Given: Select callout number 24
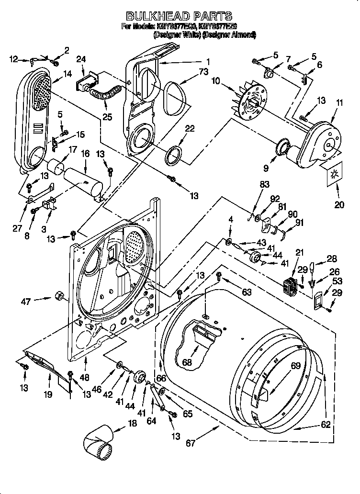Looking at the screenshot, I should pyautogui.click(x=81, y=59).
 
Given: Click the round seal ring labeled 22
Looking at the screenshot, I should pyautogui.click(x=174, y=155).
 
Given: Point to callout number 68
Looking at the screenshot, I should pyautogui.click(x=187, y=362).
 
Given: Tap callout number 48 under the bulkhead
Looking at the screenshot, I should pyautogui.click(x=85, y=377).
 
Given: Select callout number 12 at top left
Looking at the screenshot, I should pyautogui.click(x=13, y=59).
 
